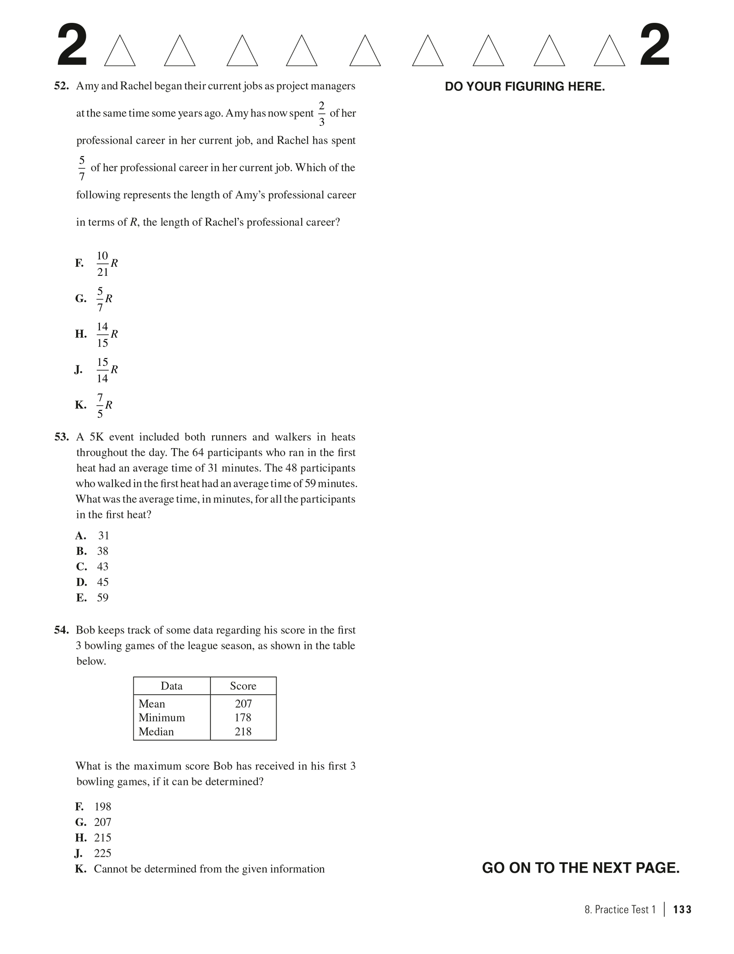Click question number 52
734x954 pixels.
click(x=61, y=86)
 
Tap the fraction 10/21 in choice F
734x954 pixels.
click(x=102, y=264)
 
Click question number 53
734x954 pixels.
click(x=61, y=437)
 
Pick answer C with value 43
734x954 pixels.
click(x=102, y=567)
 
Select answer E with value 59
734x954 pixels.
click(x=102, y=598)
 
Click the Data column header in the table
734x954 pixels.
click(x=171, y=686)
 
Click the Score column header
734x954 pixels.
click(x=243, y=686)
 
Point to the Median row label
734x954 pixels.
click(x=156, y=732)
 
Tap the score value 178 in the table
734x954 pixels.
click(x=243, y=718)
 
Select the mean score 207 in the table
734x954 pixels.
click(x=243, y=704)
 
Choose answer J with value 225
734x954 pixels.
click(x=102, y=853)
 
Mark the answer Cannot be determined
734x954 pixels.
click(x=209, y=869)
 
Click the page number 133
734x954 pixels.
click(x=682, y=910)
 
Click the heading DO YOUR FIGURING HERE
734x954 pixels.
click(x=525, y=87)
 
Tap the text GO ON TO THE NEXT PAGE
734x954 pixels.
click(x=580, y=868)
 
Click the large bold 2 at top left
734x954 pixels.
click(x=72, y=46)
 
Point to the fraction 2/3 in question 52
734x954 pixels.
click(x=321, y=114)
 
